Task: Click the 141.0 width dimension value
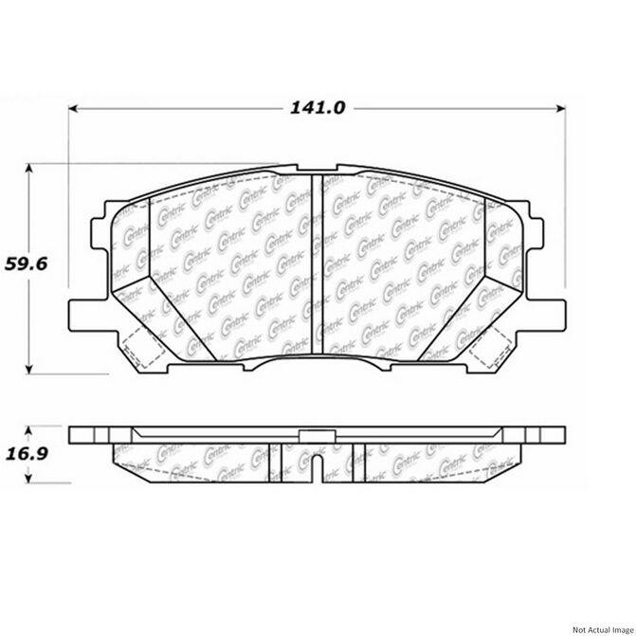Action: tap(318, 108)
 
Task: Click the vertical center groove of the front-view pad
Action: tap(318, 265)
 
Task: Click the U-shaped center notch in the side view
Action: tap(318, 469)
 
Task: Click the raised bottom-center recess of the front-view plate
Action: tap(318, 362)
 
